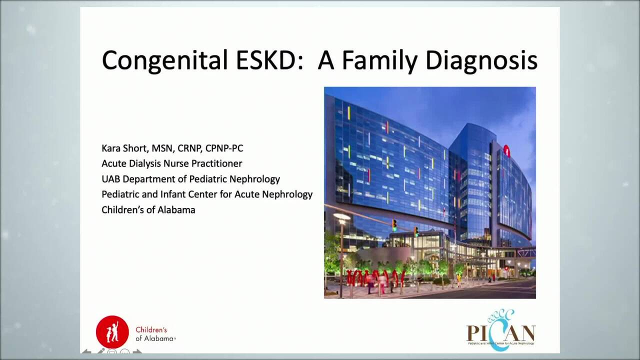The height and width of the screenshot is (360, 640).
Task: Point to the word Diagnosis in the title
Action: click(x=481, y=60)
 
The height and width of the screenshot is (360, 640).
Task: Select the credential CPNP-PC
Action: click(x=224, y=148)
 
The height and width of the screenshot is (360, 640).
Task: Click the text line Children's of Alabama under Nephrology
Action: click(x=148, y=210)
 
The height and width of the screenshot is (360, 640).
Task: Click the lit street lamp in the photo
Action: click(x=342, y=217)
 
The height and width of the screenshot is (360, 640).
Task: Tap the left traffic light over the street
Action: click(x=394, y=225)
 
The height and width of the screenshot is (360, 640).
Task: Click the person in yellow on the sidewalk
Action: click(x=457, y=280)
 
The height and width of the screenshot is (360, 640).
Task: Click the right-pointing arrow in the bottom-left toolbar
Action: click(x=137, y=352)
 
